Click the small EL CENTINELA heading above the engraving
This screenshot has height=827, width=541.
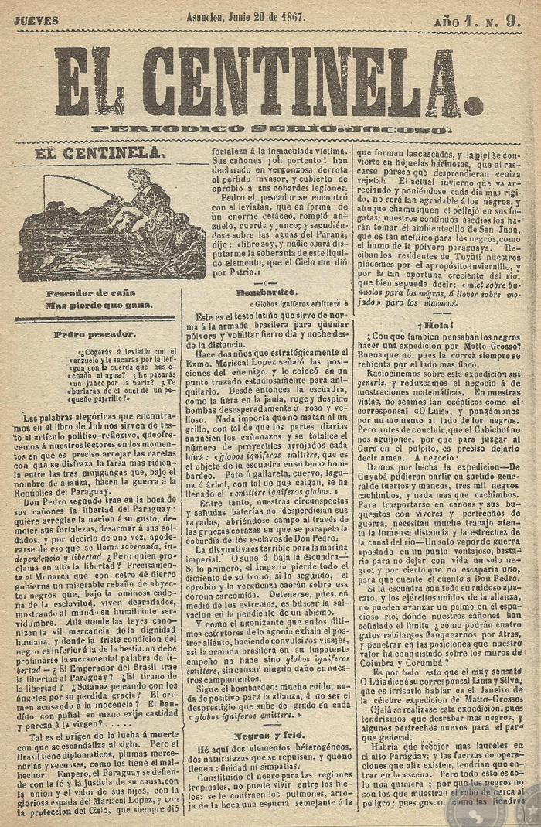(x=100, y=154)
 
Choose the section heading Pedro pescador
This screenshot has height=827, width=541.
(x=96, y=335)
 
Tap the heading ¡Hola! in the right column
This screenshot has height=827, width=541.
(x=438, y=324)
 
